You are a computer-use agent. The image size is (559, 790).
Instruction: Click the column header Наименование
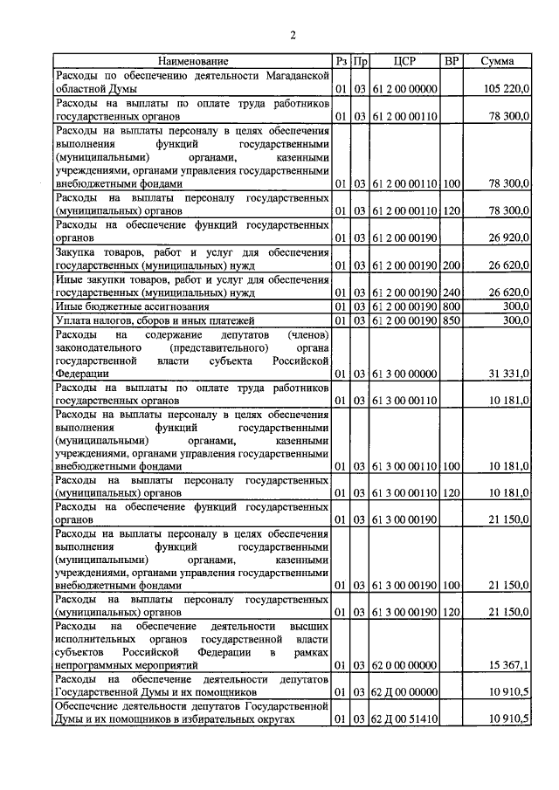[x=193, y=62]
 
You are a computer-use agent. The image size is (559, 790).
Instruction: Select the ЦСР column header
[x=404, y=62]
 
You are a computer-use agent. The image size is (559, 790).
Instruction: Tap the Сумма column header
[x=498, y=62]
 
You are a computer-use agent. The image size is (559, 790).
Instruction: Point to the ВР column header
[x=452, y=62]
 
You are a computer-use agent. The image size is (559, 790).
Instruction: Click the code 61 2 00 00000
[x=404, y=90]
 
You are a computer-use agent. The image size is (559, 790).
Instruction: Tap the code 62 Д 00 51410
[x=404, y=720]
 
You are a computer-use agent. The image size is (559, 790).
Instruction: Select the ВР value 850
[x=452, y=320]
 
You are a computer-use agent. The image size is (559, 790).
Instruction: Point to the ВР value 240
[x=452, y=292]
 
